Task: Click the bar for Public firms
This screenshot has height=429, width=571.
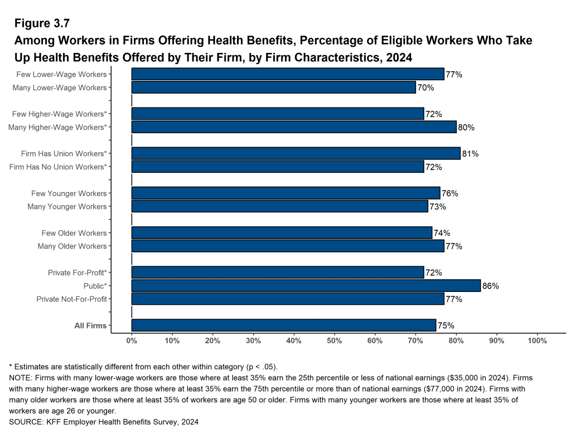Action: (306, 286)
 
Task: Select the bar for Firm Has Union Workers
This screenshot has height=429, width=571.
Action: (296, 153)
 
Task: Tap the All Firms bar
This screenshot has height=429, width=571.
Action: (283, 325)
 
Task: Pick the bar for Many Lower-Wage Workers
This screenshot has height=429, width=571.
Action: (273, 87)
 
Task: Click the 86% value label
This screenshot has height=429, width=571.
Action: (490, 286)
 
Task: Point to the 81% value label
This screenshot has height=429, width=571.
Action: (470, 154)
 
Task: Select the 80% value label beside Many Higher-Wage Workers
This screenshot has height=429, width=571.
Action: (466, 128)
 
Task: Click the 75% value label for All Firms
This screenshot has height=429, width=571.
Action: (446, 325)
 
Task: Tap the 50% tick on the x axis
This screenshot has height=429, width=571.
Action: (335, 340)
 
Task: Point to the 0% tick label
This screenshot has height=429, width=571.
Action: (132, 340)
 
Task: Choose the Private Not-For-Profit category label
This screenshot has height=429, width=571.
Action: (71, 299)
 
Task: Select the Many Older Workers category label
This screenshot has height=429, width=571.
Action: (72, 246)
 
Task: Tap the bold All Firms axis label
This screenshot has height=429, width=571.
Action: (90, 325)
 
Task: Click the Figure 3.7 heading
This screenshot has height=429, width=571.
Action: (42, 23)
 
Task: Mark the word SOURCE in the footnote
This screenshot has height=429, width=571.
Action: (26, 422)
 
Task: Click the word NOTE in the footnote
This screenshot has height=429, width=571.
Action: (20, 378)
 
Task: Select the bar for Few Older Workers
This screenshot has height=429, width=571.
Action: (282, 233)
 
